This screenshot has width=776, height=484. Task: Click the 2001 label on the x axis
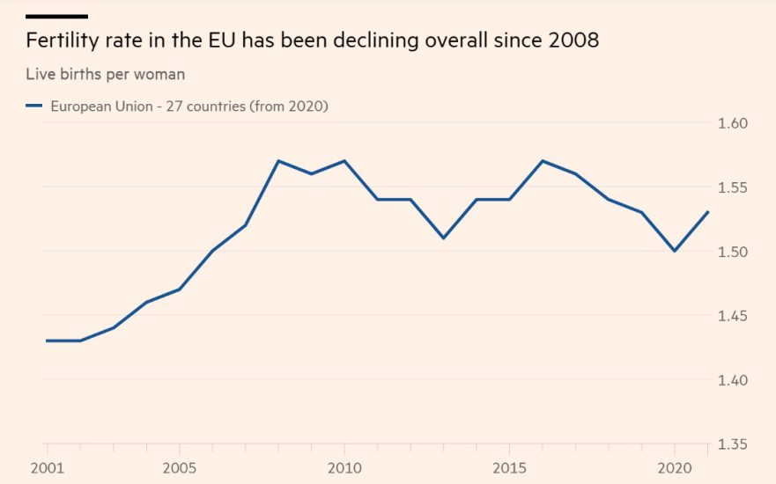click(46, 467)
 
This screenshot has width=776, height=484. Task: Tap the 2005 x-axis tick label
click(180, 467)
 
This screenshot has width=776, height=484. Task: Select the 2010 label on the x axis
click(344, 467)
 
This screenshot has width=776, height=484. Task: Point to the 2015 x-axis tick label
click(510, 467)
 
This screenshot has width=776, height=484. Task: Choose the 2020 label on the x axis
click(675, 467)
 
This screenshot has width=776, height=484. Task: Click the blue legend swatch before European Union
click(34, 106)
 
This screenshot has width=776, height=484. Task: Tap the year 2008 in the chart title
click(572, 40)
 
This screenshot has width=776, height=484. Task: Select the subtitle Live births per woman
click(105, 74)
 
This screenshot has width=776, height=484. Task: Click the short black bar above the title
click(56, 16)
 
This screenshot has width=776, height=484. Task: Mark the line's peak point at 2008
click(278, 161)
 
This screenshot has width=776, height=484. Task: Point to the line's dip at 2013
click(443, 238)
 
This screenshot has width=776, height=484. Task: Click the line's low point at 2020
click(675, 251)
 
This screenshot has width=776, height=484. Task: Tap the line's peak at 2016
click(543, 161)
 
